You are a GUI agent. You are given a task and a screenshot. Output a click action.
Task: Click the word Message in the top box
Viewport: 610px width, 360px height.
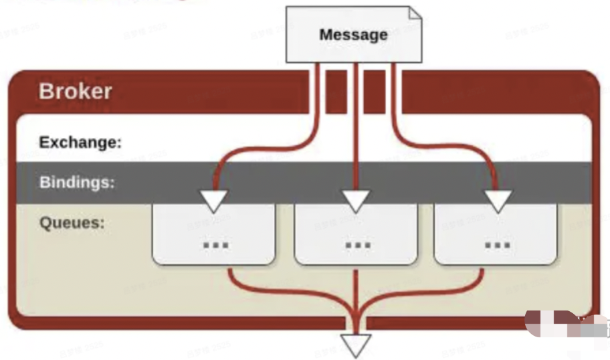coord(353,35)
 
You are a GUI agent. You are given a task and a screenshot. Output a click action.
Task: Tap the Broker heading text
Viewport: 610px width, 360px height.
coord(75,91)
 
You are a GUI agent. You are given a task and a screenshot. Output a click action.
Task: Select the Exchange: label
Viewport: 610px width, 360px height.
coord(80,143)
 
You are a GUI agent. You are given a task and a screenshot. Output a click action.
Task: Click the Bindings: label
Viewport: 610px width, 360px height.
coord(77,182)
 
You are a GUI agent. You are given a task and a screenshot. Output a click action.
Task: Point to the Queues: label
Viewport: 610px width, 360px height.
coord(72,223)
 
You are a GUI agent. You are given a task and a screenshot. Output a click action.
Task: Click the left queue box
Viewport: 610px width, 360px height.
coord(213,234)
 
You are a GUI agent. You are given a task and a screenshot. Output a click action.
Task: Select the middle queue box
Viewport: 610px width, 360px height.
coord(356,234)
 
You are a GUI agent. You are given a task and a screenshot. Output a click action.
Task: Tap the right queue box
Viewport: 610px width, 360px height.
coord(496,234)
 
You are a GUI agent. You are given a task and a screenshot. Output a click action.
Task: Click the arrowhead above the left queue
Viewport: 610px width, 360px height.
coord(213,200)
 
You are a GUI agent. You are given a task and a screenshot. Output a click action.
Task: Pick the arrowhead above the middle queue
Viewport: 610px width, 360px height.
coord(356,200)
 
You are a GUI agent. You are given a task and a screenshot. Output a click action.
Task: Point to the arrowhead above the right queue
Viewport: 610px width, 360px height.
coord(498,200)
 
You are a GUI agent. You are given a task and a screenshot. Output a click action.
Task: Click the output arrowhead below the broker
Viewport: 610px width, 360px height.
coord(356,344)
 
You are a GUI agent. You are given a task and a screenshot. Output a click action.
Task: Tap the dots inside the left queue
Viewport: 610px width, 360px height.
coord(215,245)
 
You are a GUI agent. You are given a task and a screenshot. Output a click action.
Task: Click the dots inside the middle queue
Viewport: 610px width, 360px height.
coord(358,245)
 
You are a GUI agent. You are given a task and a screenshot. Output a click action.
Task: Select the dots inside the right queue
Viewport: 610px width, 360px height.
coord(498,245)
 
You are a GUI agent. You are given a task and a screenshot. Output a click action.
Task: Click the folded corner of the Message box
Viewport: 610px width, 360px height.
coord(415,13)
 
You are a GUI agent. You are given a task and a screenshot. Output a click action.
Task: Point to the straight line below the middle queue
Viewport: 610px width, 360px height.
coord(356,288)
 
